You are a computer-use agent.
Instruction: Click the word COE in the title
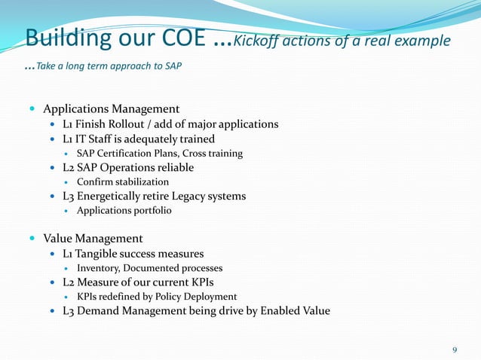click(x=178, y=38)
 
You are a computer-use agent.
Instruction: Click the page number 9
click(x=455, y=349)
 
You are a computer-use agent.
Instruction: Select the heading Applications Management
click(x=111, y=108)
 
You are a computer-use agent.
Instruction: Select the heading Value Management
click(x=93, y=239)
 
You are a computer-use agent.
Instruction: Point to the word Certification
click(x=130, y=153)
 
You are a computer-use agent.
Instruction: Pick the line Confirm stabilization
click(x=123, y=182)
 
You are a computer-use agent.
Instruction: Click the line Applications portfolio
click(x=124, y=210)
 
